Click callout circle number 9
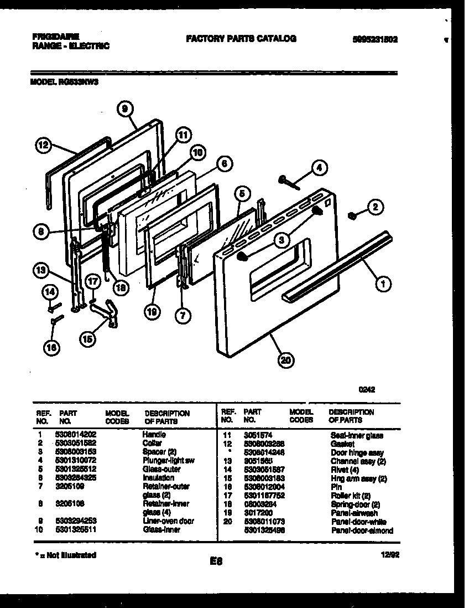point(126,110)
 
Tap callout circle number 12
point(43,146)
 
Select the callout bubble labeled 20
point(285,360)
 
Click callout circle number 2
point(374,208)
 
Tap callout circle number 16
point(52,347)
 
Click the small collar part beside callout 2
point(351,215)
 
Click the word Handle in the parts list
point(154,435)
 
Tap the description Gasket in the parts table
point(339,444)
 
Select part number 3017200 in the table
point(258,513)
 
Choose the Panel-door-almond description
point(362,530)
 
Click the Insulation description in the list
point(159,477)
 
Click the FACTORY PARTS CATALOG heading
point(241,39)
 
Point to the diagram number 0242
point(367,389)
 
